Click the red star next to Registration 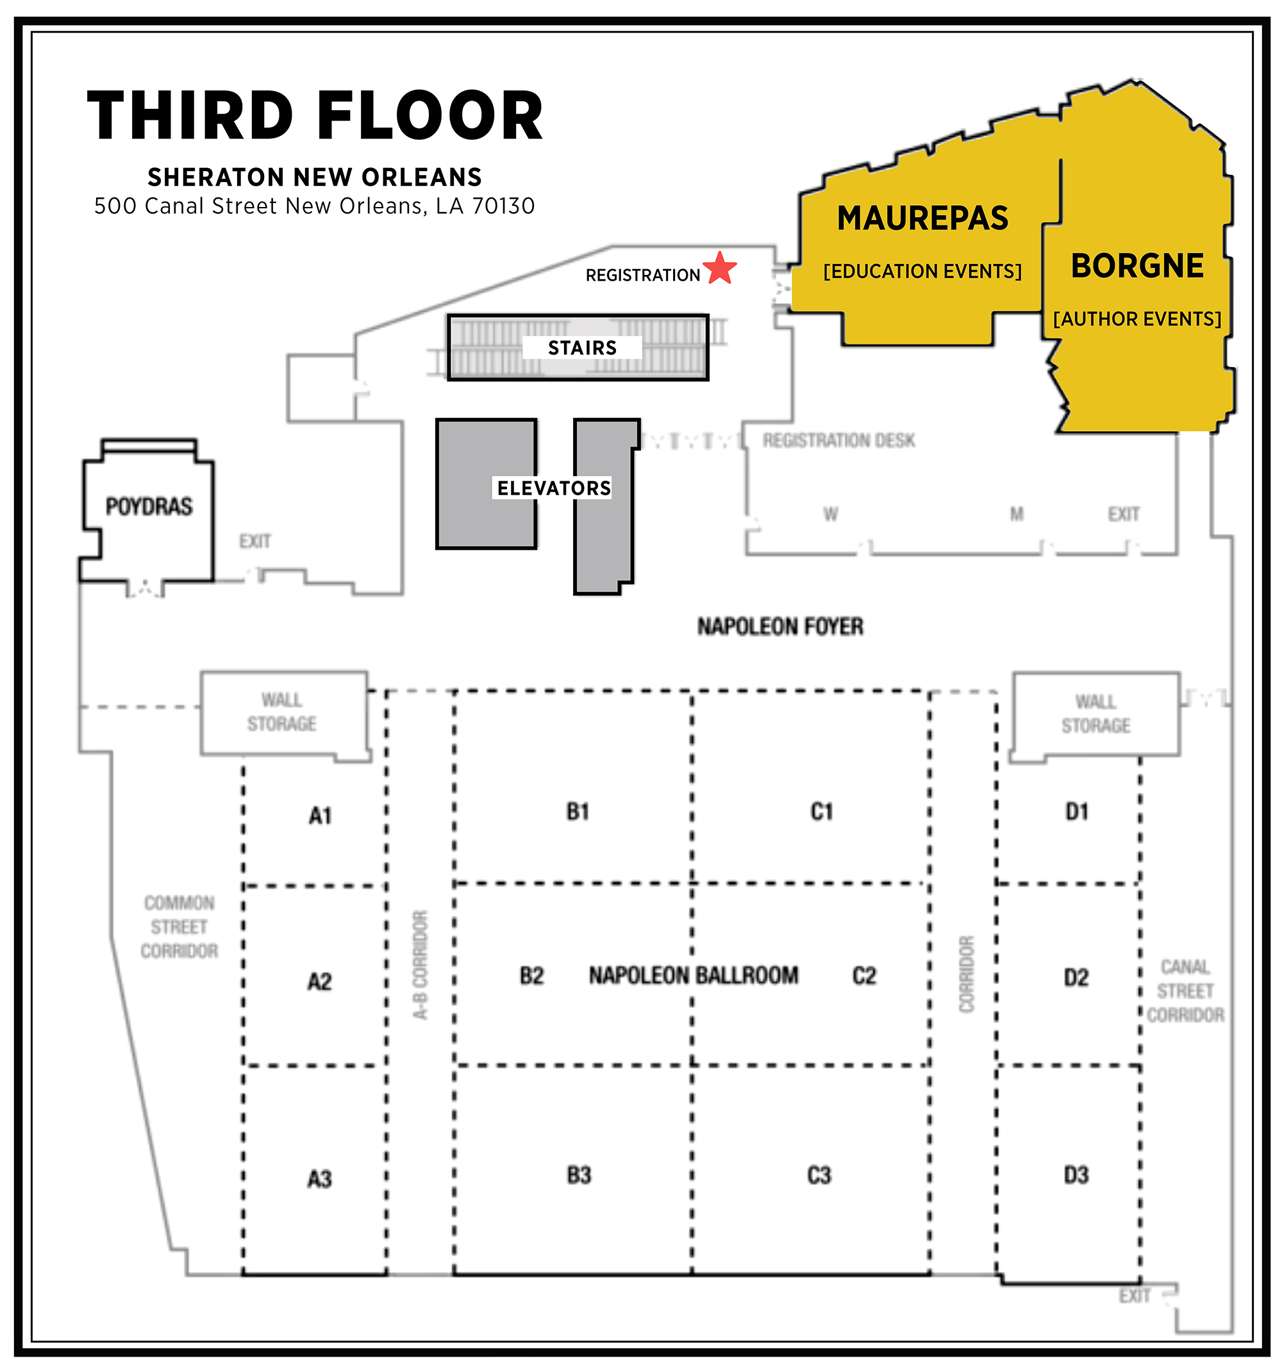tap(720, 268)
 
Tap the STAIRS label tap(583, 348)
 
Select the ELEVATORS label tap(554, 488)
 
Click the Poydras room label tap(149, 506)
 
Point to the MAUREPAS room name tap(923, 219)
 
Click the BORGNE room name tap(1137, 266)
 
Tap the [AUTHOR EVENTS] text tap(1137, 319)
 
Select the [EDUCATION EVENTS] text tap(923, 272)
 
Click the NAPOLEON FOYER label tap(780, 627)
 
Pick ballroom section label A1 tap(320, 816)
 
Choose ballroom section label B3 tap(579, 1175)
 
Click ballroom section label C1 tap(822, 812)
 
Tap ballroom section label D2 tap(1076, 977)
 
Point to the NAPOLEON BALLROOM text tap(694, 976)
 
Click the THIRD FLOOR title tap(315, 115)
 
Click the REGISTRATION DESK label tap(839, 440)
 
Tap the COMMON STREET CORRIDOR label tap(179, 927)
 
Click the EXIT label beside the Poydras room tap(255, 541)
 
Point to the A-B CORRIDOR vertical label tap(420, 965)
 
